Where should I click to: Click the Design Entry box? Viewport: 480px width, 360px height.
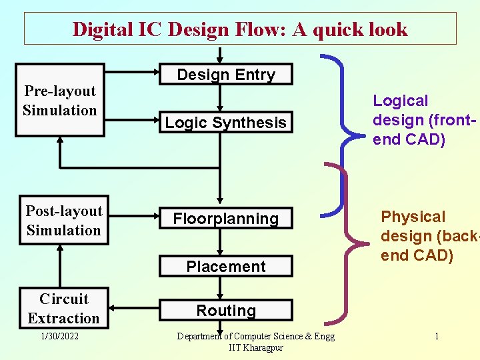pos(226,75)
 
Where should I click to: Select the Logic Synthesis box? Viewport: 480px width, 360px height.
pos(226,123)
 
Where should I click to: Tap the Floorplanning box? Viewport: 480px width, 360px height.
pos(226,219)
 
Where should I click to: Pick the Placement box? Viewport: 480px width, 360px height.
pos(226,267)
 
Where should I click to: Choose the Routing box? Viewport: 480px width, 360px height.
pos(226,311)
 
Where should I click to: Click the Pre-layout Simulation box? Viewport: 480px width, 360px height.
pos(60,101)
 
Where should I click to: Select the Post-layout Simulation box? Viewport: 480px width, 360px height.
pos(64,221)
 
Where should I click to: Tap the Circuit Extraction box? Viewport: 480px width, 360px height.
pos(64,308)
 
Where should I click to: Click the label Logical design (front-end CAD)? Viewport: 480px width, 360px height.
pos(409,120)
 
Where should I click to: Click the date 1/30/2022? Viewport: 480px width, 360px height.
pos(60,337)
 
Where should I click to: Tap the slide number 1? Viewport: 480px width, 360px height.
pos(437,337)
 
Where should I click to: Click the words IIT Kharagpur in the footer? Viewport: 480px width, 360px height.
pos(255,348)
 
